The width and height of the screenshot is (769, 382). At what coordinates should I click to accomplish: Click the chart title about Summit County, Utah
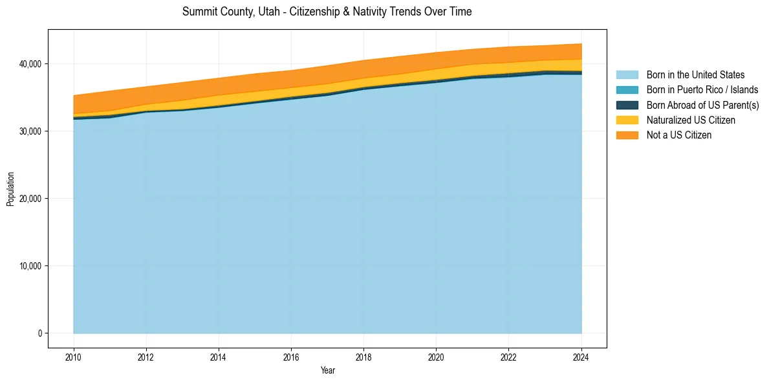point(327,12)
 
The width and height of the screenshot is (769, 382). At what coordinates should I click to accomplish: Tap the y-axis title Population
point(10,189)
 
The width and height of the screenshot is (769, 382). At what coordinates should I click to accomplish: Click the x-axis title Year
point(327,370)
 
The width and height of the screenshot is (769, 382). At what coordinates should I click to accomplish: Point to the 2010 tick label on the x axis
point(74,356)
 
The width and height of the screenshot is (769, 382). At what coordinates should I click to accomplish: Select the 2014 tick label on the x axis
point(219,356)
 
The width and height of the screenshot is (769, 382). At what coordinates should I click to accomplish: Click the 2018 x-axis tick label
point(363,356)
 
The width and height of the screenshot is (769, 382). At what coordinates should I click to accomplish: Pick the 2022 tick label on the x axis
point(509,356)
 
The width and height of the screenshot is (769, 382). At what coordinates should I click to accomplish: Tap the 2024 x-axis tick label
point(581,356)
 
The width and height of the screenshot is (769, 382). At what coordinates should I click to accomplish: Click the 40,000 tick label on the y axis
point(30,64)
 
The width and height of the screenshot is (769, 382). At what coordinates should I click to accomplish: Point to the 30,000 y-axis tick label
point(30,131)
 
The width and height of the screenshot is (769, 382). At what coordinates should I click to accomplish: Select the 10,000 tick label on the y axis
point(30,266)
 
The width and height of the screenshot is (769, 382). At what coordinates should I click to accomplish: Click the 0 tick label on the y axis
point(39,333)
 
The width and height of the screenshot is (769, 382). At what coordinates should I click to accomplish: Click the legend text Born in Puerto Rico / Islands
point(702,90)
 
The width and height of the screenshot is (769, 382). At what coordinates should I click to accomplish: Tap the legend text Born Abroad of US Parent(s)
point(702,105)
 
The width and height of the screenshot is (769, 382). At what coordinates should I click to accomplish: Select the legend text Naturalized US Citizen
point(691,120)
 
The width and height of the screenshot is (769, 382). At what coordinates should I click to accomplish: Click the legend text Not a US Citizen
point(678,135)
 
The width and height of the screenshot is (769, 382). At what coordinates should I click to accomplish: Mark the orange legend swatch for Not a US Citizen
point(627,135)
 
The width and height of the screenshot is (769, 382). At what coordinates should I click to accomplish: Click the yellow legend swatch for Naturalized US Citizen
point(627,120)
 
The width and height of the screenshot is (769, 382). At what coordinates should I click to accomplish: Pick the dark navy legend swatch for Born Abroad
point(627,105)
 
